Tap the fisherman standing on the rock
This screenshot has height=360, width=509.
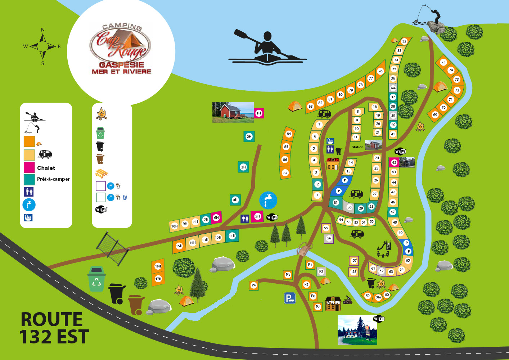(x=433, y=16)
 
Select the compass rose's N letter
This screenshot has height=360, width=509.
(x=43, y=30)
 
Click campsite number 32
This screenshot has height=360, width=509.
(x=404, y=41)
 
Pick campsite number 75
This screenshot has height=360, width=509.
(x=443, y=62)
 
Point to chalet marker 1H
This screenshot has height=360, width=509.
(x=258, y=113)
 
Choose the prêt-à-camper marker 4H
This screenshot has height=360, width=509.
(x=235, y=200)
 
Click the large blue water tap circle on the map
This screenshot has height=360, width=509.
(x=268, y=200)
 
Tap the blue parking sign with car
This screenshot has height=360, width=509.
(x=290, y=298)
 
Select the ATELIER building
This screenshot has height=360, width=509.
(x=333, y=303)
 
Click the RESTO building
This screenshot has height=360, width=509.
(x=333, y=164)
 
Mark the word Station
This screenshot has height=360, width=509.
(x=357, y=147)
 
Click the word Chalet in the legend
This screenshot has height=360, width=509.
(x=46, y=168)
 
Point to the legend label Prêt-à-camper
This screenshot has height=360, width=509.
(x=53, y=179)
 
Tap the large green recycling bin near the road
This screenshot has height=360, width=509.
(x=96, y=279)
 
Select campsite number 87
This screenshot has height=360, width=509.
(x=285, y=173)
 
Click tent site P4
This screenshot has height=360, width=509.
(x=254, y=285)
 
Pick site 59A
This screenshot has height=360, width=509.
(x=378, y=297)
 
